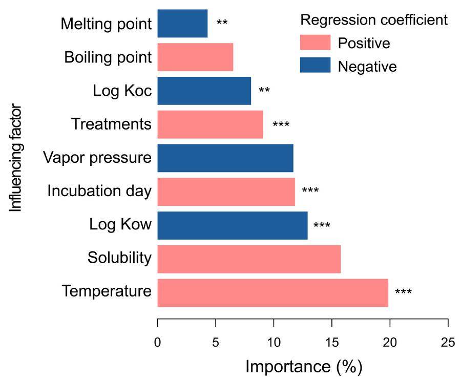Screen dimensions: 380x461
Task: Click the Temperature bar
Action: coord(273,293)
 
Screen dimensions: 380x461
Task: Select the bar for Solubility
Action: coord(249,259)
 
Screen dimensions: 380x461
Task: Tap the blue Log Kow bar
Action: coord(232,225)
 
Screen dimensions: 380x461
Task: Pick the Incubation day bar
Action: coord(226,192)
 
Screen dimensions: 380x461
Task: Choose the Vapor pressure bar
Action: coord(225,158)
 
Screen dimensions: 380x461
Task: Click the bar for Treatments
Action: coord(210,124)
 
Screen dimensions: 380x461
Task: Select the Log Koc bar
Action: coord(204,91)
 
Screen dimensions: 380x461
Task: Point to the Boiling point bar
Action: coord(195,57)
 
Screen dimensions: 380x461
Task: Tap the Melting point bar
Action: coord(182,24)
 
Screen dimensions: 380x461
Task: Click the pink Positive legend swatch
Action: coord(315,43)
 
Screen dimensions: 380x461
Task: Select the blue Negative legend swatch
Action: coord(315,66)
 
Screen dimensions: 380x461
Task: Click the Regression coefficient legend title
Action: coord(374,20)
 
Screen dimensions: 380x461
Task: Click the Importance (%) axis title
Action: coord(303,367)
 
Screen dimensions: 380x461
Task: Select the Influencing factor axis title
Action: coord(17,158)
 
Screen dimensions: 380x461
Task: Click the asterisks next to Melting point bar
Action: coord(222,23)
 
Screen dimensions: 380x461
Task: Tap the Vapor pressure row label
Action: coord(97,158)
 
